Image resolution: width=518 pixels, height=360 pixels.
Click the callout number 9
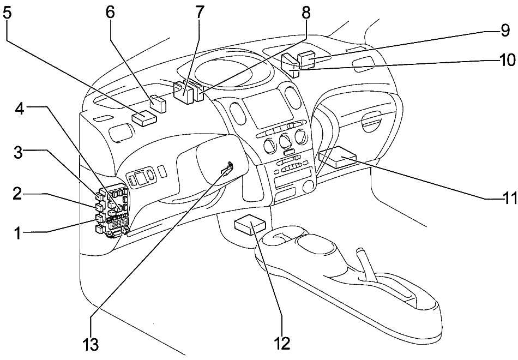(504, 31)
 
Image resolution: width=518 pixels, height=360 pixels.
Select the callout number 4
(20, 109)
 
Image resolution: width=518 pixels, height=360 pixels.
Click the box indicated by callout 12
(250, 224)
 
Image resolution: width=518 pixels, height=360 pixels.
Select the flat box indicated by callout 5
(144, 117)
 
